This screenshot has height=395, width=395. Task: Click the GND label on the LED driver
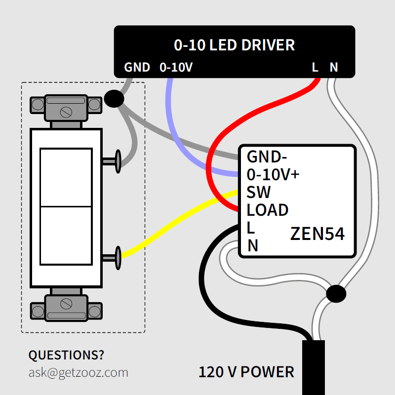[x=137, y=67]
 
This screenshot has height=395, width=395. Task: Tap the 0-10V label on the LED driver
[x=176, y=67]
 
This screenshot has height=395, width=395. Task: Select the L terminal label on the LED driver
[x=315, y=67]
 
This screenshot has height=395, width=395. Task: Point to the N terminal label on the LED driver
[x=334, y=67]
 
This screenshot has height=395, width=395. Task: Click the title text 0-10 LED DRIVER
[x=234, y=45]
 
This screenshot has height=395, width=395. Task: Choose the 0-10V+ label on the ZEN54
[x=273, y=175]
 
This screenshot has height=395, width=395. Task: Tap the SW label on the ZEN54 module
[x=259, y=192]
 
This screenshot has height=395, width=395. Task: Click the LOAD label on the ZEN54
[x=267, y=210]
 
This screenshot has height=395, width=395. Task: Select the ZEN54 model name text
[x=317, y=234]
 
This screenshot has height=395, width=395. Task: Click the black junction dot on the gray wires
[x=114, y=99]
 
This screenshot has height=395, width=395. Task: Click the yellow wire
[x=178, y=225]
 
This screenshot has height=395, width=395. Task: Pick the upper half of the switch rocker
[x=66, y=177]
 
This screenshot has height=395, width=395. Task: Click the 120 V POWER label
[x=246, y=372]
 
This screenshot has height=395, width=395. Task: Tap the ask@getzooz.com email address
[x=78, y=372]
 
